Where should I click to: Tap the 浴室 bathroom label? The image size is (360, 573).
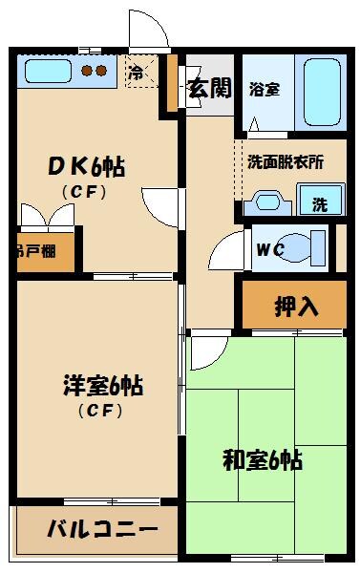(x=264, y=90)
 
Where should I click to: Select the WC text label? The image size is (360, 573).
(x=269, y=251)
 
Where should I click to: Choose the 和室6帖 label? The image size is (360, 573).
(x=263, y=460)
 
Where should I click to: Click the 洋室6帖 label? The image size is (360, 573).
(x=102, y=387)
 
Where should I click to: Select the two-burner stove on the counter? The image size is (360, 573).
(x=95, y=70)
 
